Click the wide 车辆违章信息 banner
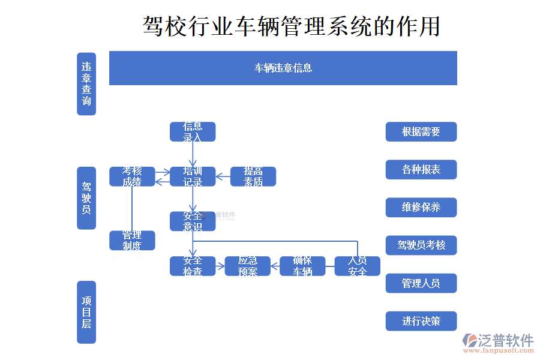pos(283,68)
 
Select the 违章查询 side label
pos(86,84)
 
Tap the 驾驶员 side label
pos(86,199)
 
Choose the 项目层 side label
pos(86,312)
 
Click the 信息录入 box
pos(193,132)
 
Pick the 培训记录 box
pos(193,176)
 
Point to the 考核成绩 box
pos(132,176)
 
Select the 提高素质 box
pos(253,176)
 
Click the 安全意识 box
pos(193,221)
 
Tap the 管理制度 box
pos(132,240)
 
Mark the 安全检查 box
pos(193,266)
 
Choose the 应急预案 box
pos(248,266)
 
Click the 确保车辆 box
pos(302,266)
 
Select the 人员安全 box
pos(358,266)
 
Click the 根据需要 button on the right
pos(421,132)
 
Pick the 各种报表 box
pos(421,170)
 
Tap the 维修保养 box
pos(421,208)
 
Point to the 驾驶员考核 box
pos(421,245)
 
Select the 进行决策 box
pos(421,321)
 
